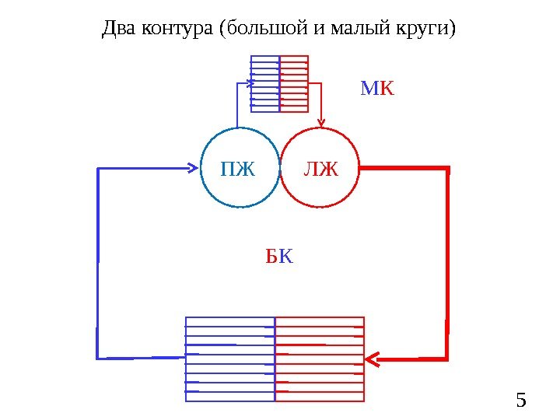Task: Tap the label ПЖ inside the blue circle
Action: [x=238, y=168]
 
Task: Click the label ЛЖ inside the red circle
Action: [x=321, y=168]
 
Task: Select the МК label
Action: [x=377, y=89]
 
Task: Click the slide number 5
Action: [x=521, y=401]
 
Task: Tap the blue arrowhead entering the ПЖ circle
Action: [x=192, y=166]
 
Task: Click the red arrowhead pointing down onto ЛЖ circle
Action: [x=322, y=121]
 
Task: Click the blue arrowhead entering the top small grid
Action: [x=251, y=79]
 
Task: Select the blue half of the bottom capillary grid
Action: [x=231, y=359]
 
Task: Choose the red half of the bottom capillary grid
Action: [x=320, y=359]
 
